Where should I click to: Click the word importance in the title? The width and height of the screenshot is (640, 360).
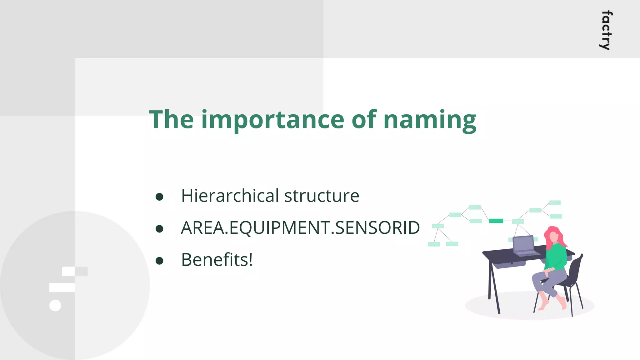[272, 120]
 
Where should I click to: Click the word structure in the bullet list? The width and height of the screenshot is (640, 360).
[322, 196]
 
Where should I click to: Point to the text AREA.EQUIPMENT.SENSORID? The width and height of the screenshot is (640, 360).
[300, 228]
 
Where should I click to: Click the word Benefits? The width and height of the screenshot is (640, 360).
[217, 260]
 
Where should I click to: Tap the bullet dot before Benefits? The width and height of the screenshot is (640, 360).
[159, 261]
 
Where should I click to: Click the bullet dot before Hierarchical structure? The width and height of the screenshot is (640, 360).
[159, 197]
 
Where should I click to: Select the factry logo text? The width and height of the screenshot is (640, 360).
[606, 30]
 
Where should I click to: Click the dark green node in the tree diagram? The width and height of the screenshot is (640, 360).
[496, 221]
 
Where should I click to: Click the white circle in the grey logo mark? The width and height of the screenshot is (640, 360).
[55, 305]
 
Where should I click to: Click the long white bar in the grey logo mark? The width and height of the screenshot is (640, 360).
[62, 287]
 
